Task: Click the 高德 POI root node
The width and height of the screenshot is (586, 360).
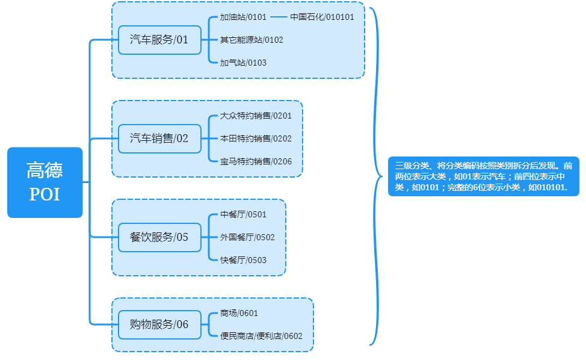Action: (x=45, y=182)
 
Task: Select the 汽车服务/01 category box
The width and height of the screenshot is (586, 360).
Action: (x=159, y=40)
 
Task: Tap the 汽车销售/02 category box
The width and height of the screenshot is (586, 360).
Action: (x=159, y=138)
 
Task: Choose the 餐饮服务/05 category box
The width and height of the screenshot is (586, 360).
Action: (x=159, y=237)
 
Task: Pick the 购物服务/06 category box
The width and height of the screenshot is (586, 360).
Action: (x=159, y=324)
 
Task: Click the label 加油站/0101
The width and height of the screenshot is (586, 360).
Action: (x=243, y=17)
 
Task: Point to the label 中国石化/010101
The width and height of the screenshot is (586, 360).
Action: (x=322, y=17)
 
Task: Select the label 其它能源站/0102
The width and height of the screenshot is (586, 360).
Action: (x=251, y=40)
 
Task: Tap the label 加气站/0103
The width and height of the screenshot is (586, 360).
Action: (x=243, y=63)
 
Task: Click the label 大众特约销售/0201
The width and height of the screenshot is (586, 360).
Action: (x=256, y=116)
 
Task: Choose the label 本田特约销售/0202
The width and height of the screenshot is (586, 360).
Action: (x=256, y=138)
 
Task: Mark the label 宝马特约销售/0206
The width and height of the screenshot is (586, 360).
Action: (x=256, y=161)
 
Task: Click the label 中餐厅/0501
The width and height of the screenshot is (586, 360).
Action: (x=243, y=214)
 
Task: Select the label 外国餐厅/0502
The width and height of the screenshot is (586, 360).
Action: (x=247, y=237)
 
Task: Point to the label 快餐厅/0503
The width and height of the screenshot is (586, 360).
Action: (x=243, y=260)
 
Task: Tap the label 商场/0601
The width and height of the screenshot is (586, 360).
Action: (x=239, y=313)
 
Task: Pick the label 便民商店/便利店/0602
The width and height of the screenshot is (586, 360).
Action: (x=261, y=336)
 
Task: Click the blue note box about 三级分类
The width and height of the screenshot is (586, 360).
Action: (x=483, y=176)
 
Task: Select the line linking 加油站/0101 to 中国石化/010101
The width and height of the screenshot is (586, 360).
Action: (x=279, y=17)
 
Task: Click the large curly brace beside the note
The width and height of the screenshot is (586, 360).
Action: (x=376, y=176)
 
